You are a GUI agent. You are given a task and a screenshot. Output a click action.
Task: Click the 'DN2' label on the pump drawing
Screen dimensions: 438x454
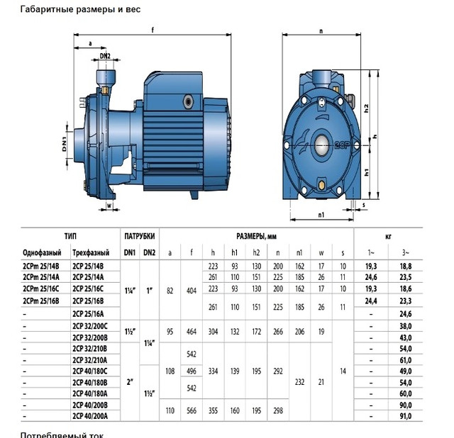tap(105, 55)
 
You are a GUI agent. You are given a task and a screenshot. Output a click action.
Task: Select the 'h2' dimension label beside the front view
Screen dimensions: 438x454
tap(366, 111)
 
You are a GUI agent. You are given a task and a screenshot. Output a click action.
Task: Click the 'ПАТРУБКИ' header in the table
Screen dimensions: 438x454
tap(139, 236)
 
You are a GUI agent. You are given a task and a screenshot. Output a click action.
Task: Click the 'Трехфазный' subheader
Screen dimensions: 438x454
tap(91, 252)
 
